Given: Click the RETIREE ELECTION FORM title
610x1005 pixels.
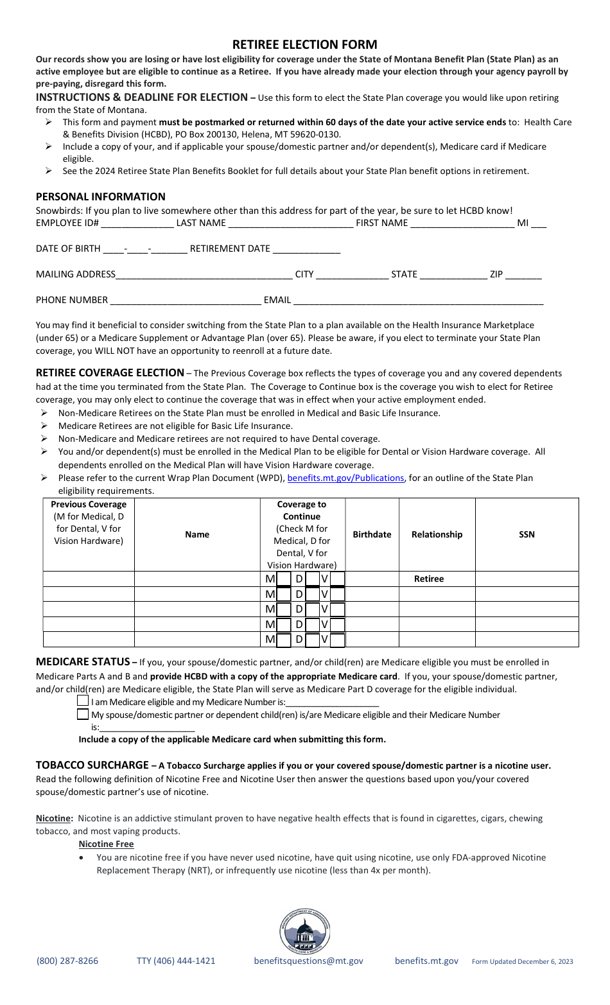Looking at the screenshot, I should pyautogui.click(x=304, y=44).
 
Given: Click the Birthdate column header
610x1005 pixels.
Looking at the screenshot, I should pyautogui.click(x=372, y=534).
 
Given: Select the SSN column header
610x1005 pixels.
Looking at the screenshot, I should pyautogui.click(x=527, y=534).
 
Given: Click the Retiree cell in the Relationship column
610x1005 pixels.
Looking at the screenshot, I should pyautogui.click(x=429, y=579).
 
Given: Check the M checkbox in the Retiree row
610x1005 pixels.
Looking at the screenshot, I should pyautogui.click(x=283, y=579).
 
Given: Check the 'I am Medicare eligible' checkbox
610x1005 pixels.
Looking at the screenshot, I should pyautogui.click(x=83, y=701).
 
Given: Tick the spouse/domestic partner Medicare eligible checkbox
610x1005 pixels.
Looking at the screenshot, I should pyautogui.click(x=83, y=714).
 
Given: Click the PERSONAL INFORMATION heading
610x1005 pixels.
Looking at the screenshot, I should pyautogui.click(x=101, y=197).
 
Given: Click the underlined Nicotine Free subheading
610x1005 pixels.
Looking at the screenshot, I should pyautogui.click(x=106, y=844).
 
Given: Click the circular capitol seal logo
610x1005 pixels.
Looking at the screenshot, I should pyautogui.click(x=305, y=931).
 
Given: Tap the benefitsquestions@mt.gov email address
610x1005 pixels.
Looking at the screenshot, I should pyautogui.click(x=308, y=961).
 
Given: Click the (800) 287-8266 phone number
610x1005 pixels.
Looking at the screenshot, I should pyautogui.click(x=67, y=961).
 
